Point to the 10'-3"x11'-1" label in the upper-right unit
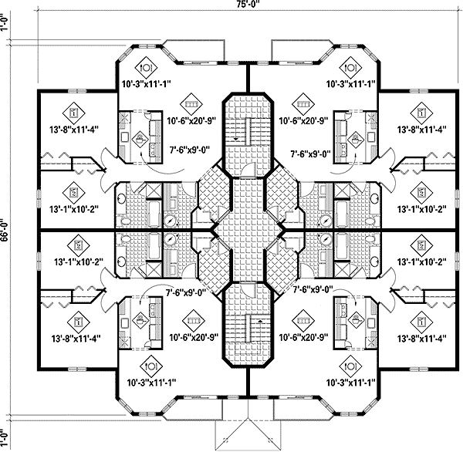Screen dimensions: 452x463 click(x=350, y=83)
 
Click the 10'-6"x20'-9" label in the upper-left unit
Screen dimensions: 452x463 click(x=189, y=120)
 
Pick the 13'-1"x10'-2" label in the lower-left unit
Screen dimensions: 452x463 click(x=76, y=261)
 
